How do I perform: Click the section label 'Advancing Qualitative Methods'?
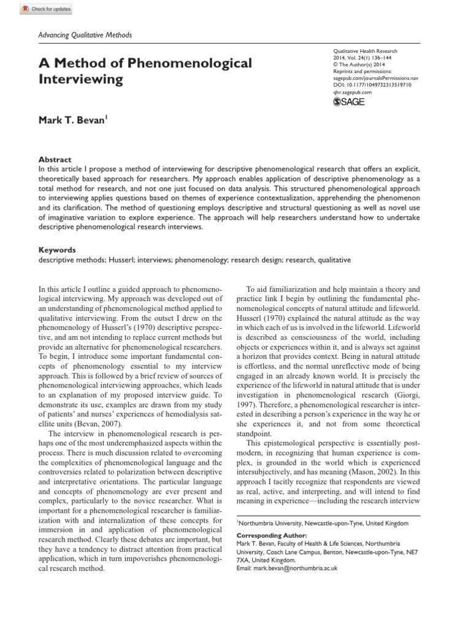point(85,35)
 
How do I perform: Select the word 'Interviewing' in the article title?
point(81,80)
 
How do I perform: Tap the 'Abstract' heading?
point(55,159)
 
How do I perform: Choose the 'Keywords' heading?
point(57,250)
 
